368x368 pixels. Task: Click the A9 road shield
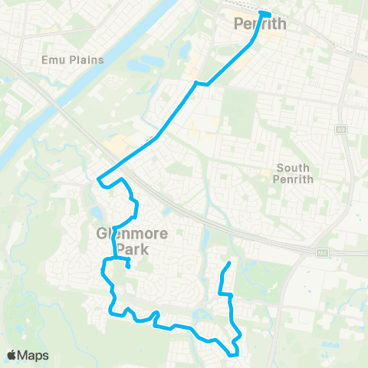coord(341,129)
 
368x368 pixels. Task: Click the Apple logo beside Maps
coord(12,355)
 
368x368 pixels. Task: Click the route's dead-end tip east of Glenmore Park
coord(229,264)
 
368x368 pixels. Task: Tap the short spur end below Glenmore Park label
coord(128,267)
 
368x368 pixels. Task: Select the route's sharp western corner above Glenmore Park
coord(99,180)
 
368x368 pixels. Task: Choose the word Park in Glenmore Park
coord(122,249)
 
